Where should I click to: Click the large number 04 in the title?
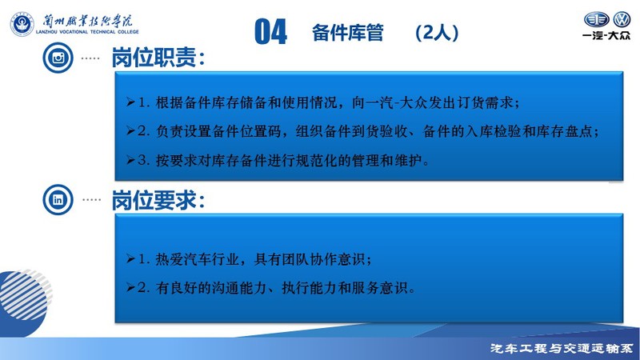[x=270, y=31]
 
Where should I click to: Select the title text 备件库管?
[x=348, y=33]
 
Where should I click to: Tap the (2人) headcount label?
[x=437, y=33]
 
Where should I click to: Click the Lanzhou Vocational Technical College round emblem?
[x=22, y=24]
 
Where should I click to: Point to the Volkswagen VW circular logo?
[x=622, y=19]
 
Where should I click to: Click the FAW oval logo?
[x=596, y=19]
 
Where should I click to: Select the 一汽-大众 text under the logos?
[x=606, y=35]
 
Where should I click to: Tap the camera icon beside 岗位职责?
[x=58, y=58]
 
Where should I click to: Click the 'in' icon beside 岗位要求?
[x=58, y=199]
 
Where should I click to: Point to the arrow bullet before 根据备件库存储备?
[x=130, y=102]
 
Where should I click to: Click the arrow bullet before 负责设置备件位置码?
[x=130, y=131]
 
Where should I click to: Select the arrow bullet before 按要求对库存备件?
[x=130, y=160]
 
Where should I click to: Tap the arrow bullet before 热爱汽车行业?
[x=130, y=258]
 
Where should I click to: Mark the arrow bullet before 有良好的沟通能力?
[x=130, y=288]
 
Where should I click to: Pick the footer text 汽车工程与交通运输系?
[x=562, y=348]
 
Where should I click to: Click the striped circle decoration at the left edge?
[x=26, y=294]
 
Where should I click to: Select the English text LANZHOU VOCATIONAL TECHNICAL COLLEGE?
[x=87, y=32]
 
